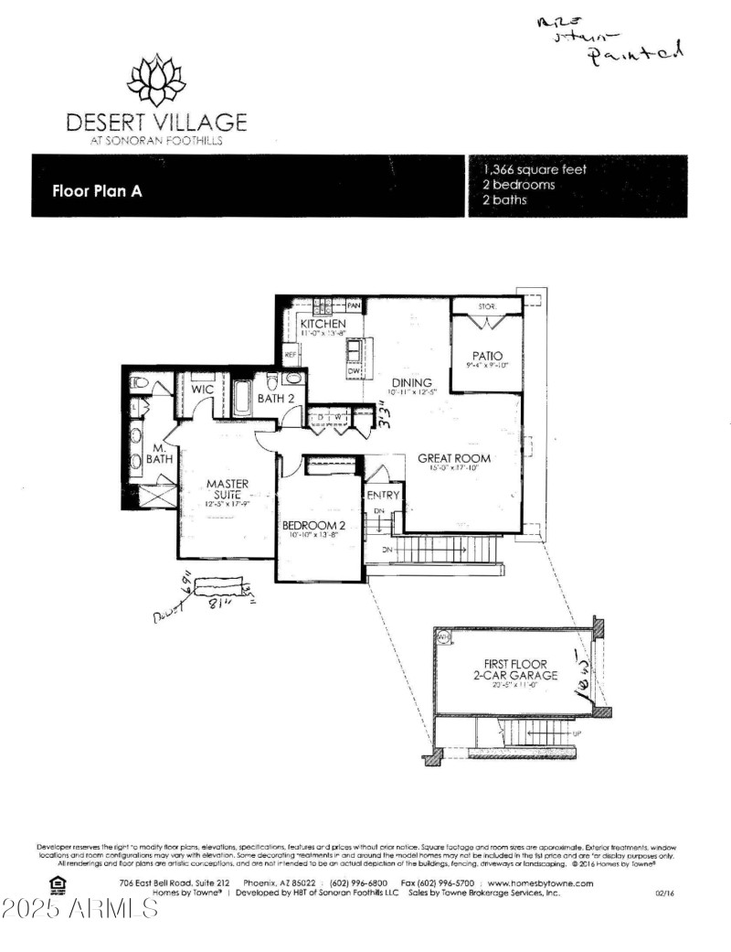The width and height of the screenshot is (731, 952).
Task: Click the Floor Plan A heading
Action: pos(97,192)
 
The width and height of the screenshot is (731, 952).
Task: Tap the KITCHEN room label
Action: pos(323,324)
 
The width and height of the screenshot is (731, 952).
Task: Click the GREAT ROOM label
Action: pos(454,458)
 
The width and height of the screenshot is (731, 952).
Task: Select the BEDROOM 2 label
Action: pos(313,525)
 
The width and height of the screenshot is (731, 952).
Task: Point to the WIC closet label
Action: pos(203,390)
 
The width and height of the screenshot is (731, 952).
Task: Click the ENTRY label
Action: pos(383,495)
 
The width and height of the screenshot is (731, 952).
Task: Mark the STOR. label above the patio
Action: pos(485,306)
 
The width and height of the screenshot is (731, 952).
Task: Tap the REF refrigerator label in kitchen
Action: pos(291,355)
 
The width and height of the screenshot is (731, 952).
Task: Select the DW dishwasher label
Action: pos(352,370)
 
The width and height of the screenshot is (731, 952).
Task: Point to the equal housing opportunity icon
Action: pos(58,883)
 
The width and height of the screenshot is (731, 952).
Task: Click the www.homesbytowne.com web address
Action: pos(541,882)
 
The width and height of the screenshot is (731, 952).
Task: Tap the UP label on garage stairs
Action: pos(576,733)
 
